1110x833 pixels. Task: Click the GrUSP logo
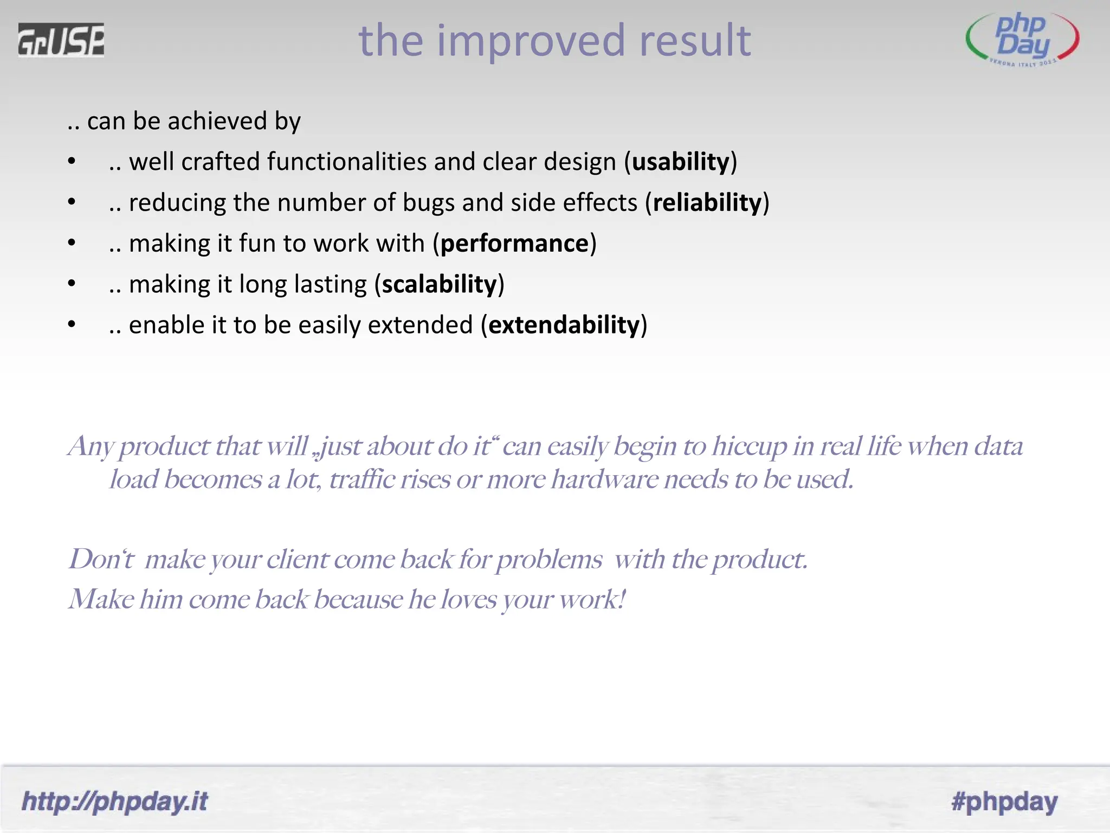pyautogui.click(x=61, y=40)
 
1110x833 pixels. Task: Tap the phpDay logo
pyautogui.click(x=1022, y=39)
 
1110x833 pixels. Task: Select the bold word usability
pyautogui.click(x=681, y=162)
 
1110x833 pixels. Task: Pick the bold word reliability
pyautogui.click(x=707, y=203)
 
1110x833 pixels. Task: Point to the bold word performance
pyautogui.click(x=514, y=244)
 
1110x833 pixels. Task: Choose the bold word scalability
pyautogui.click(x=439, y=284)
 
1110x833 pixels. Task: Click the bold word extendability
pyautogui.click(x=564, y=325)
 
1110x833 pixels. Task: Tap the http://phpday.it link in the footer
pyautogui.click(x=114, y=801)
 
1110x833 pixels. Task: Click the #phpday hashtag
pyautogui.click(x=1004, y=801)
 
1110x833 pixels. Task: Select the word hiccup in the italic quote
pyautogui.click(x=749, y=447)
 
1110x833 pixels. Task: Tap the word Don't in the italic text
pyautogui.click(x=101, y=559)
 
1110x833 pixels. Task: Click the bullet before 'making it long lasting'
pyautogui.click(x=72, y=284)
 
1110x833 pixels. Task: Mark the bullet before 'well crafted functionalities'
pyautogui.click(x=72, y=162)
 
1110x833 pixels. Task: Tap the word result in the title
pyautogui.click(x=695, y=41)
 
